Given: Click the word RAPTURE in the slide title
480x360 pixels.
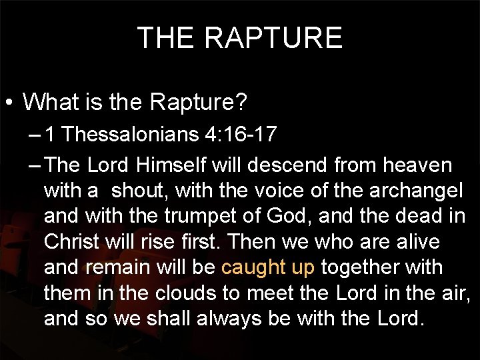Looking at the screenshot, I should (x=273, y=38).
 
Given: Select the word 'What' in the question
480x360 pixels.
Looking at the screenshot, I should (x=51, y=102).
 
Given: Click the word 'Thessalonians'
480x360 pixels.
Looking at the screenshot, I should (x=132, y=135).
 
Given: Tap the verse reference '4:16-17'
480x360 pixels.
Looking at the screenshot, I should (x=242, y=135).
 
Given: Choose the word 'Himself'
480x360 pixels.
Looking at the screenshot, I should (x=170, y=165).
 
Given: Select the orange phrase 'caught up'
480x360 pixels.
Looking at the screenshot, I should (x=267, y=267).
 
